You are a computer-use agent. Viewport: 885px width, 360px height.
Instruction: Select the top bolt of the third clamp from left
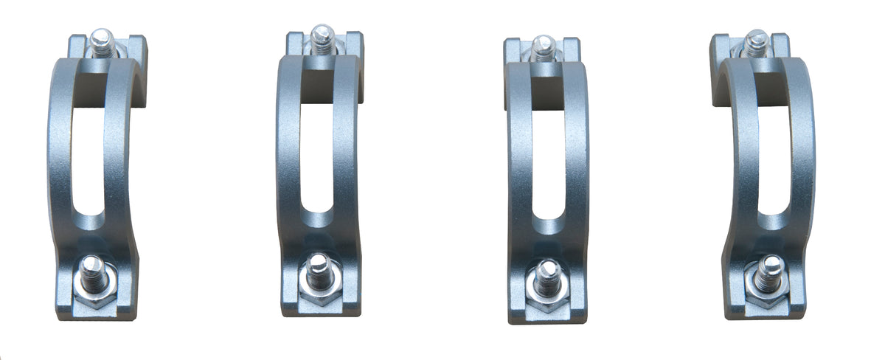542,47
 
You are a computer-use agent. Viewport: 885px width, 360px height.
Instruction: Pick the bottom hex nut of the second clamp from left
319,290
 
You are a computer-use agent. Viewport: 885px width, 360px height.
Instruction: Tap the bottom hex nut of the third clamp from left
547,294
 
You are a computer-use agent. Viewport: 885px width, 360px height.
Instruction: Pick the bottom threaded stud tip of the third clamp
547,269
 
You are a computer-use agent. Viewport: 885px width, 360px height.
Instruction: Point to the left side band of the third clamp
519,170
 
